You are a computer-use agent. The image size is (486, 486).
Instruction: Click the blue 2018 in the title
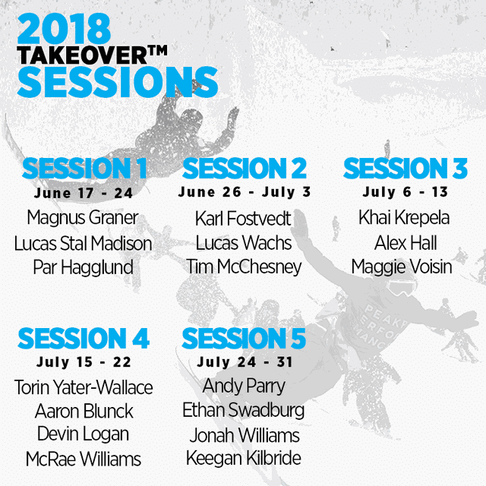coord(64,29)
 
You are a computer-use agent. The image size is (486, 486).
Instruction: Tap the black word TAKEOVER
coord(82,55)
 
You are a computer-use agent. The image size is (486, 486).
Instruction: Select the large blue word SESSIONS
coord(118,82)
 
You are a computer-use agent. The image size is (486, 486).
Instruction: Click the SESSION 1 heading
coord(84,169)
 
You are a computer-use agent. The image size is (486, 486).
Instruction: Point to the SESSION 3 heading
coord(406,168)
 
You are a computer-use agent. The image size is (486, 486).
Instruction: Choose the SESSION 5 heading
coord(244,338)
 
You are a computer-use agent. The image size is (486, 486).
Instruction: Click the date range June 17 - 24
coord(84,193)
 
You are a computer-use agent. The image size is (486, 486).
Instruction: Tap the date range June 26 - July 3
coord(245,192)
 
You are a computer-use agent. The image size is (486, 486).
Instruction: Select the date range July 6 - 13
coord(406,192)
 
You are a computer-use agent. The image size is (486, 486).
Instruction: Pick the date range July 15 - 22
coord(84,362)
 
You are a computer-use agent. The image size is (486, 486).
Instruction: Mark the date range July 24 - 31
coord(245,362)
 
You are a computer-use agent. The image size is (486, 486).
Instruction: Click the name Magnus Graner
coord(83,218)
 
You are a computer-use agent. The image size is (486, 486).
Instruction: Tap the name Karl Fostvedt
coord(243,218)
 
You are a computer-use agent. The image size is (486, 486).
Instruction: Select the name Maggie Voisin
coord(402,267)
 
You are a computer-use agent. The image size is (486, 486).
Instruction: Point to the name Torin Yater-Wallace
coord(84,387)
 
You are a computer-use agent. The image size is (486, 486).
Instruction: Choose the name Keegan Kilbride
coord(244,458)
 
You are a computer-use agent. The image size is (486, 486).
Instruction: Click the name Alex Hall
coord(406,243)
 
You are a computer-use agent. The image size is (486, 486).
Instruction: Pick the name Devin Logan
coord(83,434)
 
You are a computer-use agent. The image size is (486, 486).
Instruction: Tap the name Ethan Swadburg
coord(244,410)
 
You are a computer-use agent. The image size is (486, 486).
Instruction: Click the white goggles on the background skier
coord(402,287)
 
